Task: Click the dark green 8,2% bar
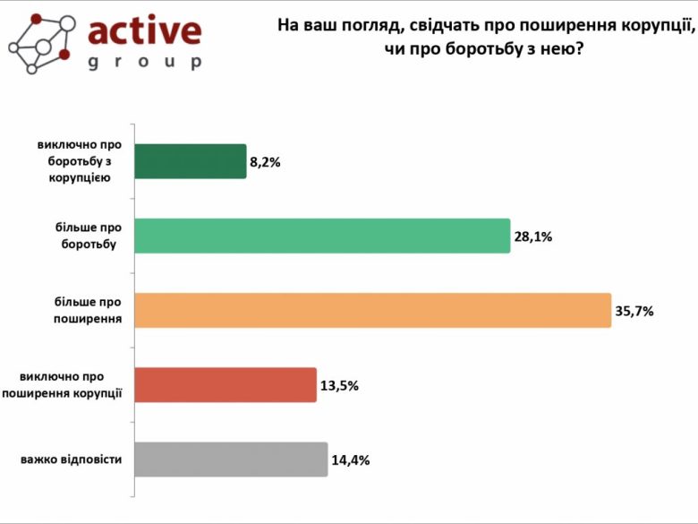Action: tap(190, 161)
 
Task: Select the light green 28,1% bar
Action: tap(322, 236)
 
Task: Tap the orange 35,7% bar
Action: tap(372, 310)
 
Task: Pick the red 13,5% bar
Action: tap(226, 384)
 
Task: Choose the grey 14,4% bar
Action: tap(231, 459)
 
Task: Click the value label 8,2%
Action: tap(267, 163)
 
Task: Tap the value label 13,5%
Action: tap(340, 386)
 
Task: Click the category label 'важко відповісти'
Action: tap(72, 460)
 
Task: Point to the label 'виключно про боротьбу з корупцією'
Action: tap(78, 161)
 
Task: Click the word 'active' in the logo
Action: tap(145, 31)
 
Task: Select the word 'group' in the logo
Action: tap(145, 63)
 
